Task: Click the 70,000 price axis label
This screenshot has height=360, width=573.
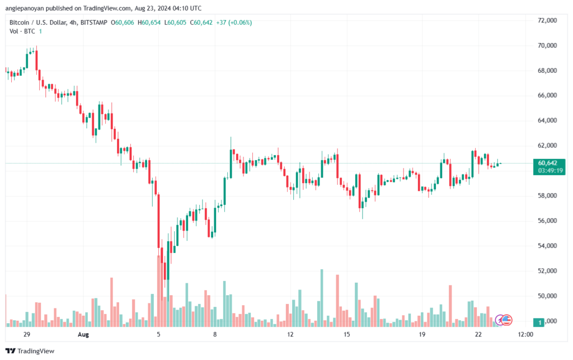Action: [x=547, y=46]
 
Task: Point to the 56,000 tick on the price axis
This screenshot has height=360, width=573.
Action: [x=547, y=221]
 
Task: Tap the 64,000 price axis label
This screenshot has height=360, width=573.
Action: [x=547, y=120]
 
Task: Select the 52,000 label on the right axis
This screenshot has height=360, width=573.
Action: [x=547, y=271]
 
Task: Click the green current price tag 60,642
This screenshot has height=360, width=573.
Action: [x=547, y=163]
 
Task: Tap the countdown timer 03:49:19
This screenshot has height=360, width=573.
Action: [x=550, y=171]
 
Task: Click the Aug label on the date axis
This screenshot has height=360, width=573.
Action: [x=83, y=334]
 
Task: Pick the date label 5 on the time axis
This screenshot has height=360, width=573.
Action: [x=158, y=334]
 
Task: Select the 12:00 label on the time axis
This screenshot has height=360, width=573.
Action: [x=525, y=334]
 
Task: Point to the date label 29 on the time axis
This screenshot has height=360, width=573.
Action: [x=26, y=334]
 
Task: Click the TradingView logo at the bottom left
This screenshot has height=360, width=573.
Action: [x=30, y=351]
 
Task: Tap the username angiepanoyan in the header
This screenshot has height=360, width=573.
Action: [x=24, y=8]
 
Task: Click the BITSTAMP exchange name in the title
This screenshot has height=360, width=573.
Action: [x=93, y=22]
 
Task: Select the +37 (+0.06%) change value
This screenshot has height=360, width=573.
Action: [x=234, y=22]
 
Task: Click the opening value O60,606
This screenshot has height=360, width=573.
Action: [x=123, y=22]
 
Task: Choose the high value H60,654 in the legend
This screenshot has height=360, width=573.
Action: [x=149, y=22]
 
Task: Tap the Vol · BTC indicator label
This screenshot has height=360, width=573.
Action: [x=22, y=31]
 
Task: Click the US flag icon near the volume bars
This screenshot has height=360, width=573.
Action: [x=506, y=320]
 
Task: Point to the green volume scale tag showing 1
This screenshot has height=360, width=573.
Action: [x=539, y=322]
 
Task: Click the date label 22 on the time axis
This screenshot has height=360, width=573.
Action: [x=478, y=334]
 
